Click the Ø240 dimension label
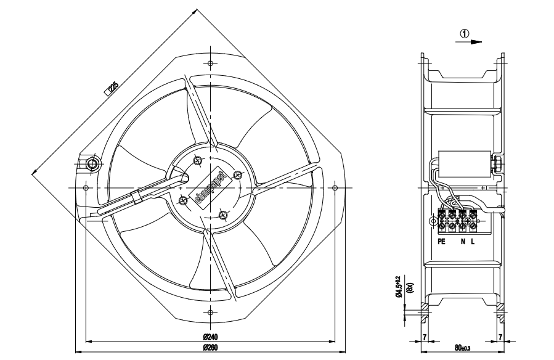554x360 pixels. pyautogui.click(x=211, y=337)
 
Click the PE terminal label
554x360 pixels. pyautogui.click(x=441, y=242)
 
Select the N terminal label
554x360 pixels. pyautogui.click(x=462, y=242)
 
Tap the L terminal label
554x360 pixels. pyautogui.click(x=473, y=242)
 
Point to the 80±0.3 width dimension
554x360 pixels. pyautogui.click(x=462, y=349)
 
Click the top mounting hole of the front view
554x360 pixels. pyautogui.click(x=211, y=63)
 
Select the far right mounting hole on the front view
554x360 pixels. pyautogui.click(x=334, y=187)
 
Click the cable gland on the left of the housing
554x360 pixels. pyautogui.click(x=92, y=164)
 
